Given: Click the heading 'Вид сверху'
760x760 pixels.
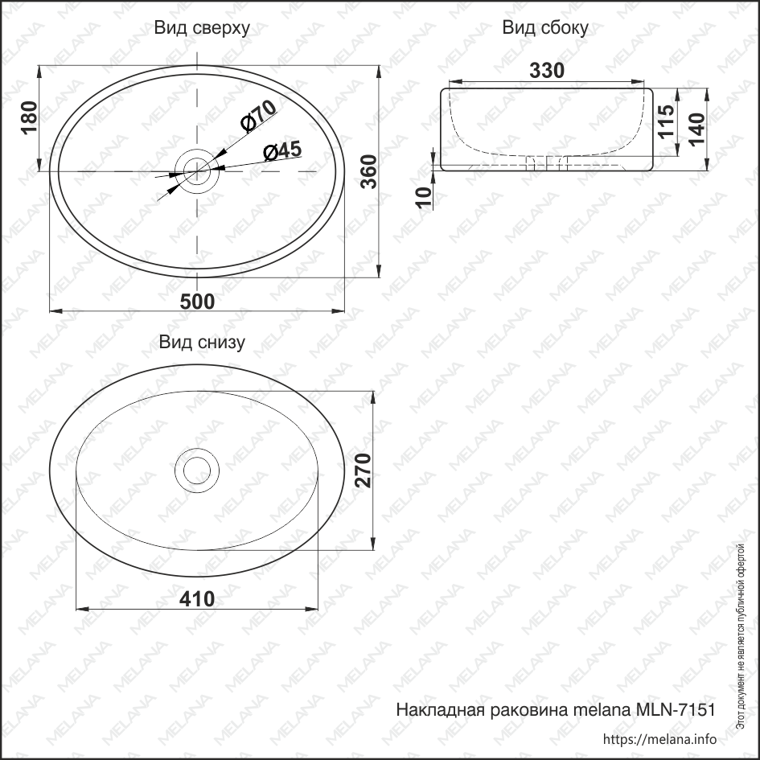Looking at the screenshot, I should [202, 28].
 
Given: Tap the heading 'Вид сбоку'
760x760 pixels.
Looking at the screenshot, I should [545, 28].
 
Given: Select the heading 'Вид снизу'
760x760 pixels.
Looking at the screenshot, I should [202, 343].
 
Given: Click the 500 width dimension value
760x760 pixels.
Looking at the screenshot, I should [197, 302].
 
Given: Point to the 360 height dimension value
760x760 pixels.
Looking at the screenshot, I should [368, 170].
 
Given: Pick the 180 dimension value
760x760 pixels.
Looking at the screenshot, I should [29, 119].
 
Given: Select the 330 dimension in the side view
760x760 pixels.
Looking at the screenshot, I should [547, 71].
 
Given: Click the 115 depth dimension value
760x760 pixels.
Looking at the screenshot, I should [665, 123].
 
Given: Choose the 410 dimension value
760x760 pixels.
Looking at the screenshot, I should [197, 599].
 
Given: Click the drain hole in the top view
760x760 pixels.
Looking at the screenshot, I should [196, 169].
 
